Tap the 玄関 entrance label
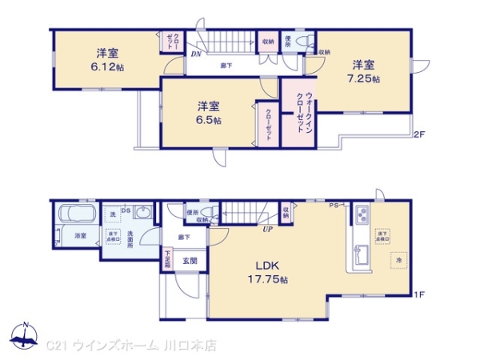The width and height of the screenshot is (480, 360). pos(190,260)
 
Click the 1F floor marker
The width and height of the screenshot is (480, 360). pos(417,294)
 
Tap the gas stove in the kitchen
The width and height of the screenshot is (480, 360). pos(362,216)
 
